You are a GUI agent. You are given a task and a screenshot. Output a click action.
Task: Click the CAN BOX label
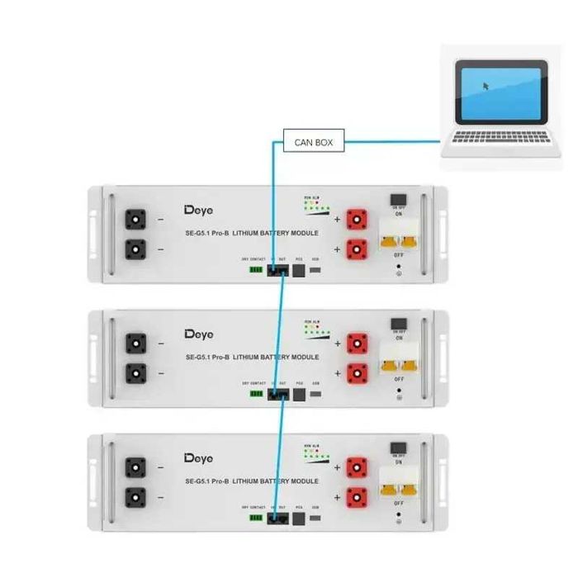[314, 142]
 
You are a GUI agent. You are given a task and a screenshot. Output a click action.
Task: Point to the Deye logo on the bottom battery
[198, 457]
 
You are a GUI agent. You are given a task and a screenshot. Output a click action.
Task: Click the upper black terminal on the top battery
[135, 220]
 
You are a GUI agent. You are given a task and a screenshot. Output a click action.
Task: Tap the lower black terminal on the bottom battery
[135, 497]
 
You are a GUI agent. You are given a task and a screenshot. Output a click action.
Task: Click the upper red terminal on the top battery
[357, 219]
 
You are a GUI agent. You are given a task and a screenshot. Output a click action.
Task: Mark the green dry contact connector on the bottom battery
[257, 517]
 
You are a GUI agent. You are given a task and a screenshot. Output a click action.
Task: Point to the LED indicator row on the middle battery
[318, 330]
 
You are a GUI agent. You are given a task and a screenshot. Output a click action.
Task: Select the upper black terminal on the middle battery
[135, 343]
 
